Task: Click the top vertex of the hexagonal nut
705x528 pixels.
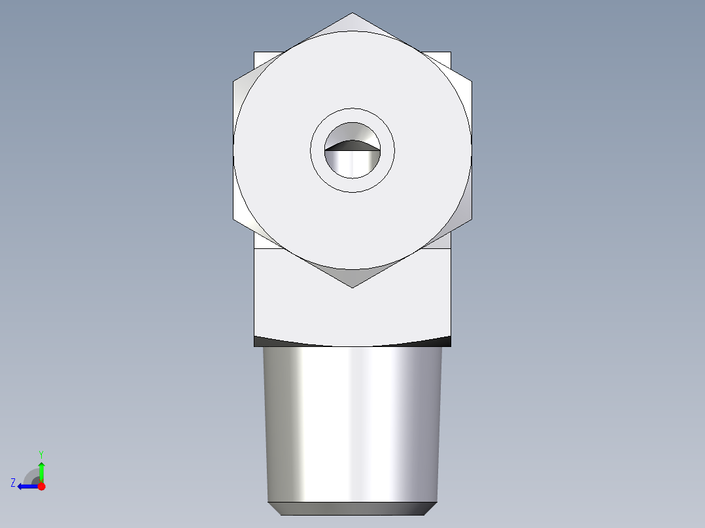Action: [352, 14]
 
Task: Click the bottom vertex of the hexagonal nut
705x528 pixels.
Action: [352, 287]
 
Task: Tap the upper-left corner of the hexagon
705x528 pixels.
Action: [234, 82]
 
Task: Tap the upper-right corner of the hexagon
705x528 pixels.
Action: [471, 82]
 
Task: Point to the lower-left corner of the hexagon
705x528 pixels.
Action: [234, 219]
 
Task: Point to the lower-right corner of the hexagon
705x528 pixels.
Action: [471, 219]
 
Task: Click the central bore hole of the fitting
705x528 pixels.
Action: [352, 160]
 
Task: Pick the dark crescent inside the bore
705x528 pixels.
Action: [352, 144]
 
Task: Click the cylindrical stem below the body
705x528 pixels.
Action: [352, 425]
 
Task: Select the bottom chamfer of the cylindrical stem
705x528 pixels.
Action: [352, 508]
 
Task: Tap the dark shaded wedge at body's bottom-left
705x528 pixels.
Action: [262, 340]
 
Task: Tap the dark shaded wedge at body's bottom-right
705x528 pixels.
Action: [443, 340]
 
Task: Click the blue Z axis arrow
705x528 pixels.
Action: [26, 486]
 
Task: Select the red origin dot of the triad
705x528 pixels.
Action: [41, 486]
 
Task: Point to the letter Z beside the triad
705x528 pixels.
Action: [13, 482]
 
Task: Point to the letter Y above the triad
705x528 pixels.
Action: [41, 454]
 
